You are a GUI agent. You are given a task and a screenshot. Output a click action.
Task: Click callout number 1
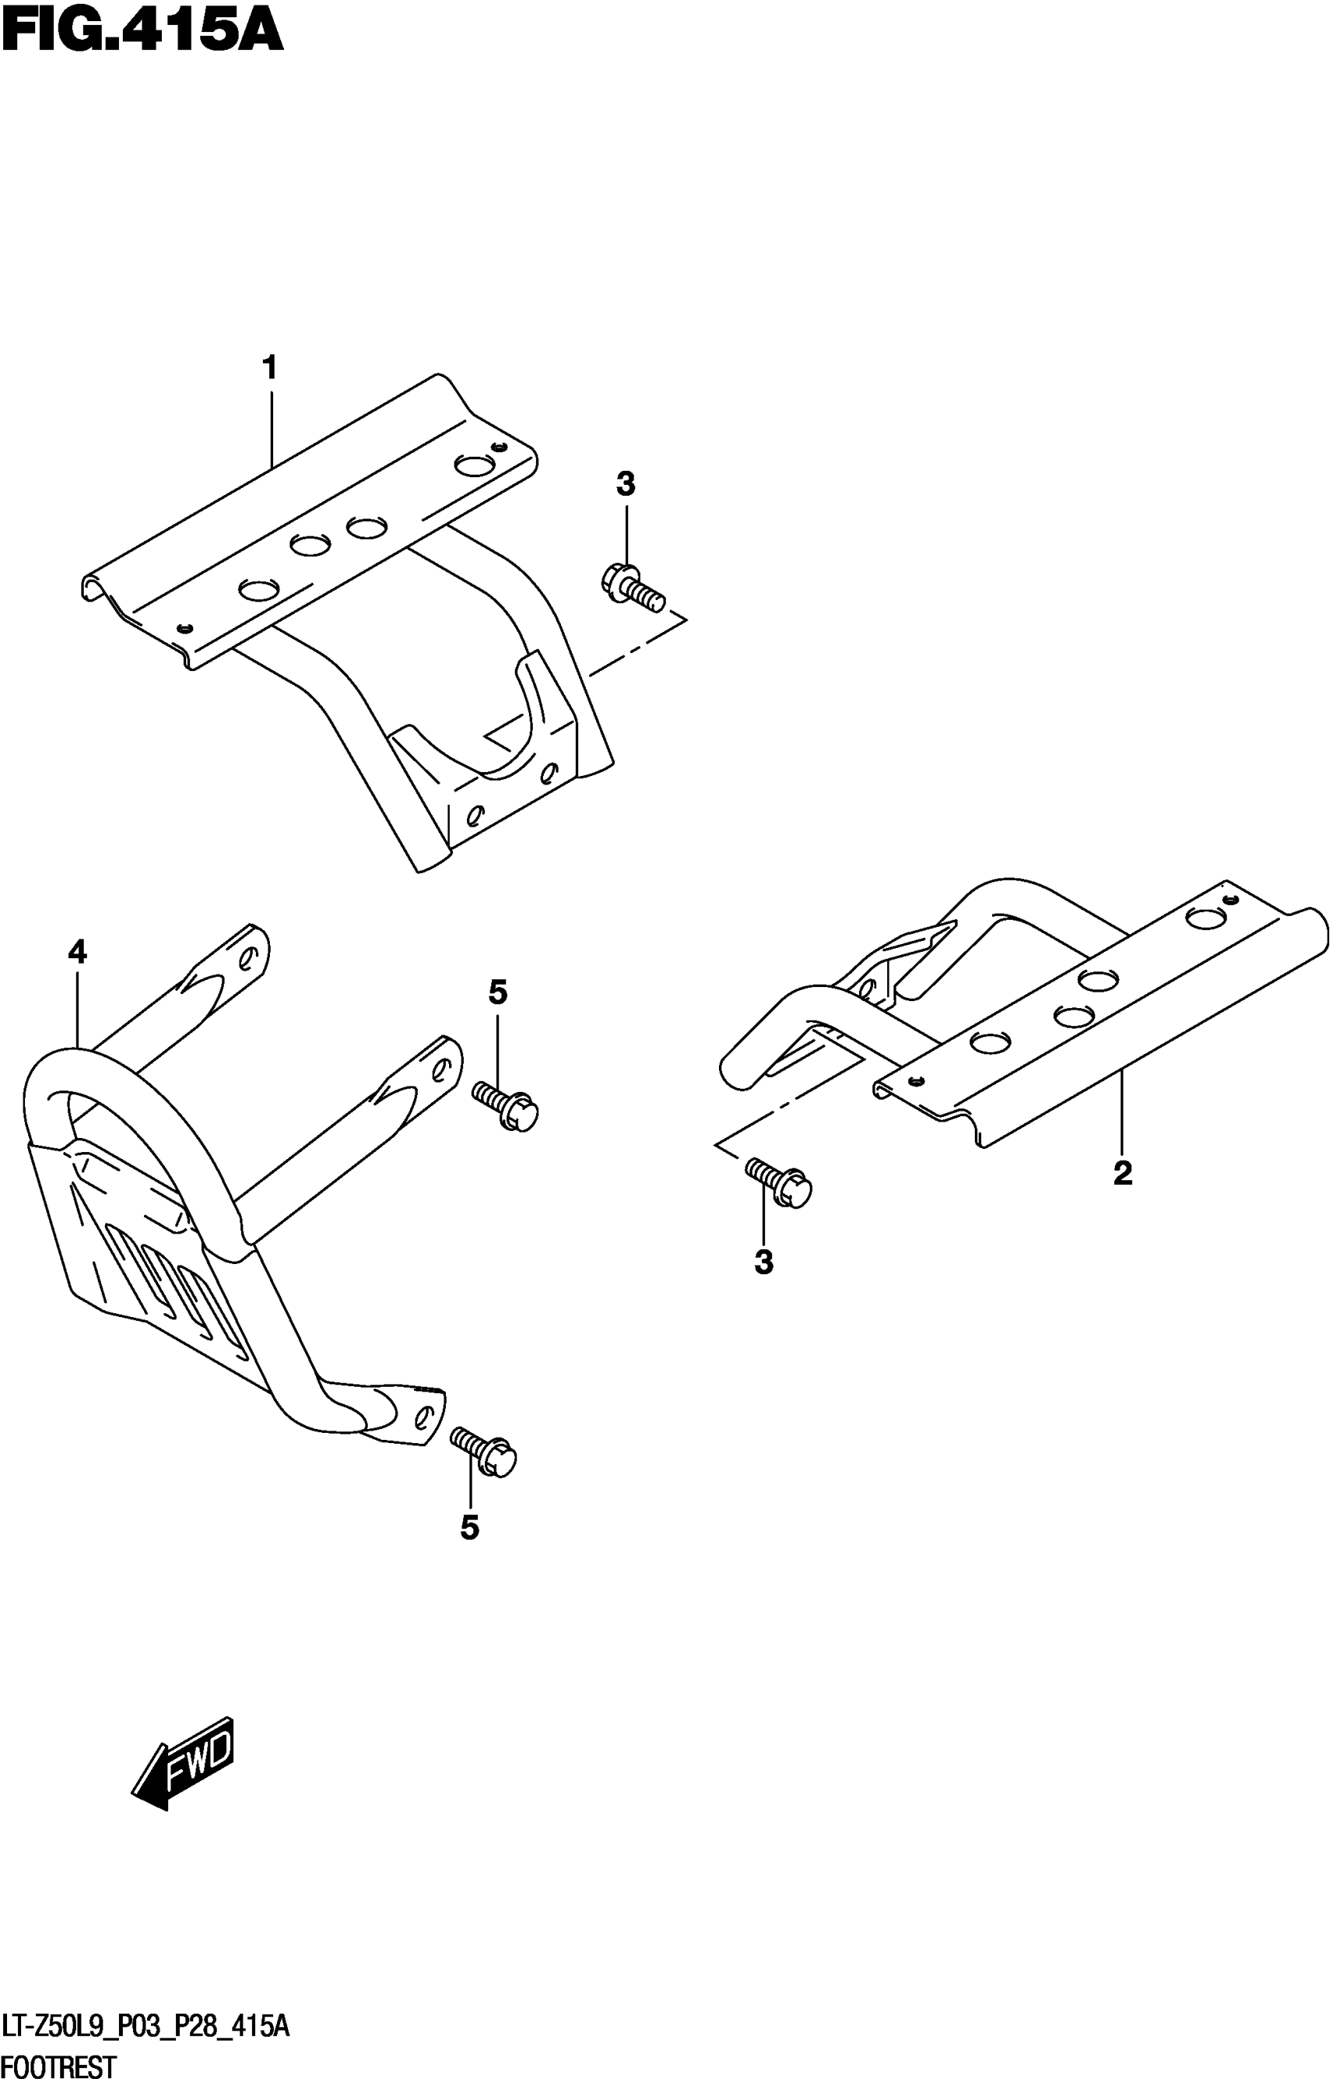tap(271, 368)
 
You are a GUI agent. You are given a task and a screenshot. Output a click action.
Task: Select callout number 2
tap(1122, 1173)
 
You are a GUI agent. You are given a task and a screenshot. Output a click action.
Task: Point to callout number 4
tap(77, 953)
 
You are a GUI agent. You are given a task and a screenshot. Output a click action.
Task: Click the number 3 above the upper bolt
tap(626, 484)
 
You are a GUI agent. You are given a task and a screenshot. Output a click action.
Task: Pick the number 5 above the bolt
tap(498, 992)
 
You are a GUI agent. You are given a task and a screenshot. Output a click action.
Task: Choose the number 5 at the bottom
tap(469, 1528)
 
